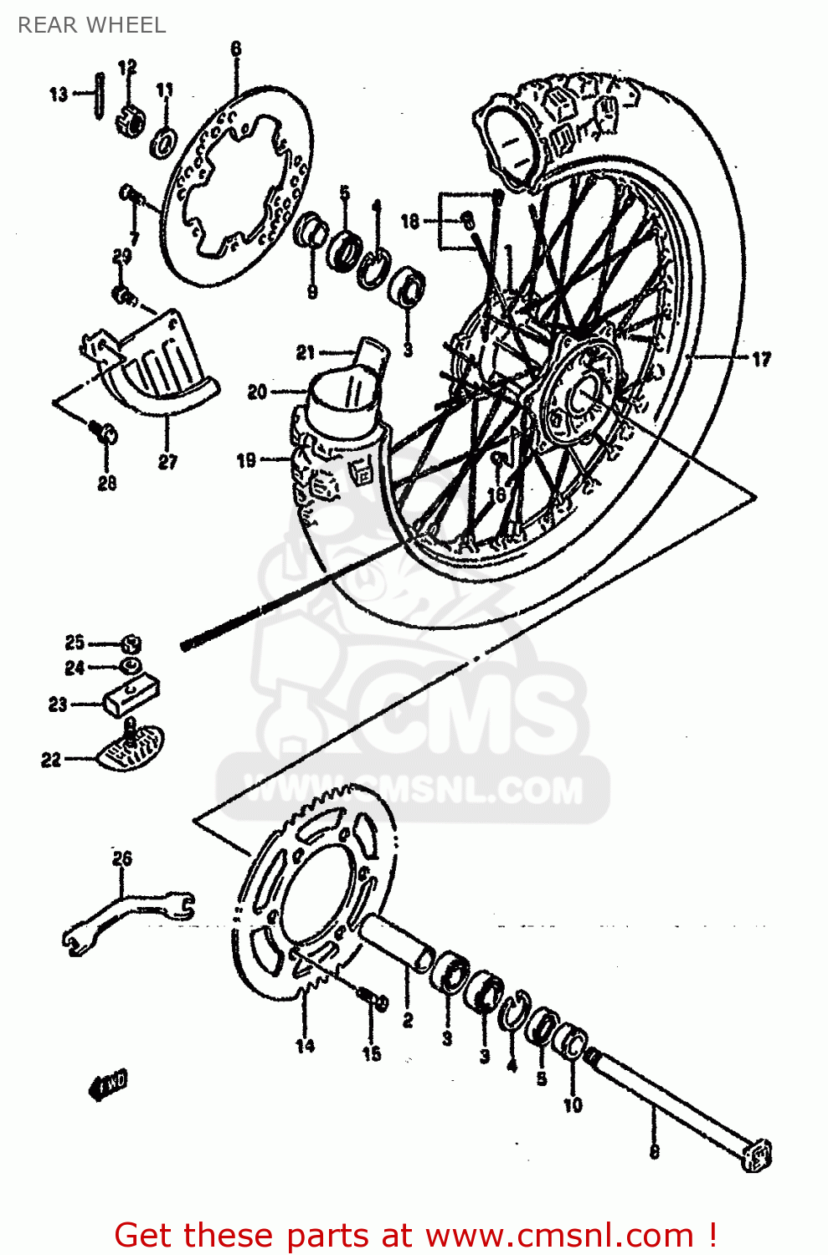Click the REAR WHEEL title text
click(x=91, y=25)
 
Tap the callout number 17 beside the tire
click(x=760, y=359)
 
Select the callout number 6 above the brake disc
click(x=235, y=49)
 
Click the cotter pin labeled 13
click(x=100, y=95)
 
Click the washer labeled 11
click(x=163, y=142)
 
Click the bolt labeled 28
click(x=105, y=433)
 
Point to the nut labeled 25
click(x=131, y=644)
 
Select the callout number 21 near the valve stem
click(x=305, y=353)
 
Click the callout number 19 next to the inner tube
click(x=246, y=459)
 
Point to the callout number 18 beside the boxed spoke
click(x=409, y=221)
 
